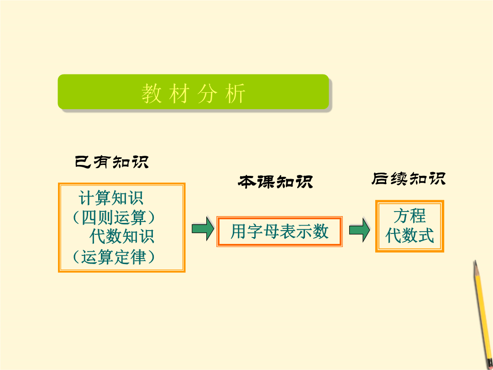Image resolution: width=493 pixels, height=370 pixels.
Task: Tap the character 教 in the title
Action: tap(152, 94)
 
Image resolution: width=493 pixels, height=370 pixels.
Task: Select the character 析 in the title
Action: tap(235, 94)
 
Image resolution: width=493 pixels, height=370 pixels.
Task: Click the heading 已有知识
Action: tap(112, 162)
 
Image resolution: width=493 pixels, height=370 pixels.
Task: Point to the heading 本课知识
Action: tap(275, 182)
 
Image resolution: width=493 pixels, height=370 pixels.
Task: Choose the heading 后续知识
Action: tap(409, 179)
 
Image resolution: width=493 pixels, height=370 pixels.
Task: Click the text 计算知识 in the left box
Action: tap(111, 198)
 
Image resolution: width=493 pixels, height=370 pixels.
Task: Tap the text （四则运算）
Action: tap(114, 217)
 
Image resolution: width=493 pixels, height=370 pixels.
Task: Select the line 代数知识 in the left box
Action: tap(122, 237)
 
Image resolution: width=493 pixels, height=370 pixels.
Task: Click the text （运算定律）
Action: tap(114, 257)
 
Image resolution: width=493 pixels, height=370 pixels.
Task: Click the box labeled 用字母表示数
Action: tap(279, 232)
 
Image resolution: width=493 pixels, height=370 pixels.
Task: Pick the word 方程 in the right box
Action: tap(409, 216)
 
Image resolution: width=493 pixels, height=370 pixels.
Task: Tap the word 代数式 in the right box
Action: tap(409, 235)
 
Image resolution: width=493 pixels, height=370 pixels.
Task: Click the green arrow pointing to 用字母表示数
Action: tap(203, 229)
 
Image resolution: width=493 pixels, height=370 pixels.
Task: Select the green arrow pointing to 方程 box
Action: tap(360, 230)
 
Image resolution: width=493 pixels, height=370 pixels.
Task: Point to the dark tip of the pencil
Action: tap(475, 263)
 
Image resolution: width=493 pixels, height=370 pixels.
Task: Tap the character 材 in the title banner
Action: tap(179, 94)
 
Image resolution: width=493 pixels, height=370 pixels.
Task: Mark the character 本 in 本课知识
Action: tap(247, 182)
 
